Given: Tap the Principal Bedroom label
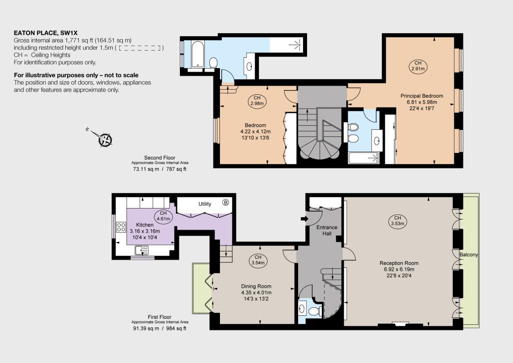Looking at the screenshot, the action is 422,96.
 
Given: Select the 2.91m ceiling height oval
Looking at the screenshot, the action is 418,66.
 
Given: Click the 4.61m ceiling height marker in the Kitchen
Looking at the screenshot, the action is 163,216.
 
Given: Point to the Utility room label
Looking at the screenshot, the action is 205,204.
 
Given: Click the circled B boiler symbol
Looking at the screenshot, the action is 225,202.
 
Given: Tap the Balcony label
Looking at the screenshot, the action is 468,255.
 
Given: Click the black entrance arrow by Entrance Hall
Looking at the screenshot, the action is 304,218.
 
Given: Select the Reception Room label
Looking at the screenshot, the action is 399,263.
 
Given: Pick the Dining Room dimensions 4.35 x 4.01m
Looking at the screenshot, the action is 256,292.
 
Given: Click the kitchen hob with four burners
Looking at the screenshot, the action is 121,227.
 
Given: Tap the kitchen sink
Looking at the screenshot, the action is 142,250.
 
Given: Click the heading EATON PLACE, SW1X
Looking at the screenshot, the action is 46,33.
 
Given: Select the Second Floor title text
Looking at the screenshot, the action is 160,158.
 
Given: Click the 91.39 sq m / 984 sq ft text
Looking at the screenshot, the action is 160,328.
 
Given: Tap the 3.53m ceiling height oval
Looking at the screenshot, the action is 397,221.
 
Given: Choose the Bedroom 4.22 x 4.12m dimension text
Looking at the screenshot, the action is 255,131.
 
